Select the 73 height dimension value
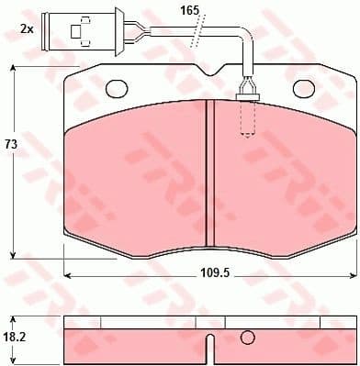[x=11, y=145]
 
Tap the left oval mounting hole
[x=118, y=89]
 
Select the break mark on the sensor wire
[x=193, y=39]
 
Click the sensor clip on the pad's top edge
[x=246, y=89]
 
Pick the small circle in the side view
[x=246, y=337]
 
